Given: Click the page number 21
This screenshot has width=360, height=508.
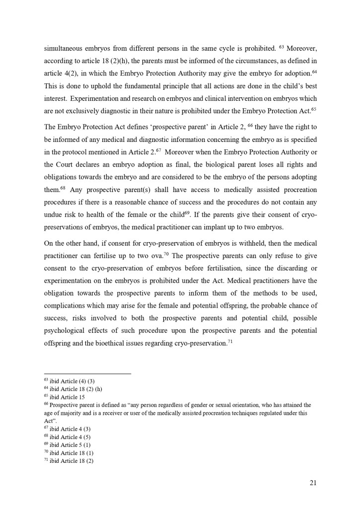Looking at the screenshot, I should click(312, 482).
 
